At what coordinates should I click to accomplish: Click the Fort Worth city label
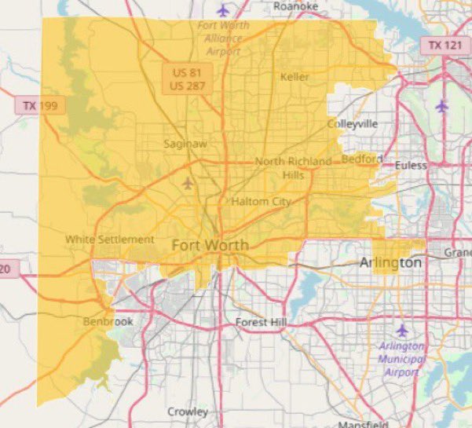pos(210,245)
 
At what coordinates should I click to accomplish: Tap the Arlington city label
pos(390,263)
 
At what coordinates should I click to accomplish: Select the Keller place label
pos(295,77)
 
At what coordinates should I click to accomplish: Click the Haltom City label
pos(261,202)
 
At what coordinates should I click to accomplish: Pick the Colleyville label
pos(352,124)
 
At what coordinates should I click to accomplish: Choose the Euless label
pos(410,166)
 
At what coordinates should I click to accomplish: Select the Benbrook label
pos(108,322)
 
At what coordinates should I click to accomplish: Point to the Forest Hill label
pos(262,323)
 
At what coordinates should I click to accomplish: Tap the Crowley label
pos(188,412)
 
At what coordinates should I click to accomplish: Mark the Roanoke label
pos(296,6)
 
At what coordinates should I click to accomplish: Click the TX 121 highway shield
pos(445,45)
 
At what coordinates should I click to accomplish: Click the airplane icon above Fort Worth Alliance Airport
pos(224,11)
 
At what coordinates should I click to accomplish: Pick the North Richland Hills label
pos(293,167)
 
